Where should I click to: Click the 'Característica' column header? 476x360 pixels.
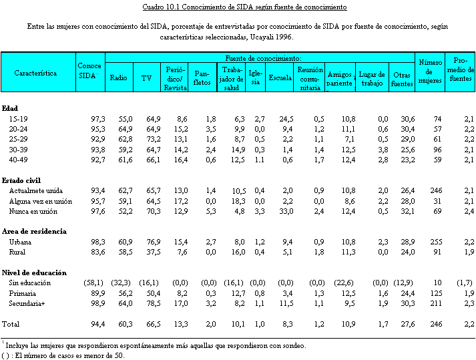[35, 73]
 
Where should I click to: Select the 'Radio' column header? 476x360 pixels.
[118, 77]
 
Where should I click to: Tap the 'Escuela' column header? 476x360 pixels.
[280, 77]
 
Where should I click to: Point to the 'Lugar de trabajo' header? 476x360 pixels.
[372, 77]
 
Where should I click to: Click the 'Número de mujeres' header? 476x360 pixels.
[430, 71]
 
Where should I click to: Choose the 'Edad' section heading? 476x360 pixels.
[10, 108]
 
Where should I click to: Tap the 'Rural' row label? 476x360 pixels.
[19, 252]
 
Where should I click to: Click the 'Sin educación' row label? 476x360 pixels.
[29, 283]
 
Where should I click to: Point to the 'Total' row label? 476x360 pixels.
[11, 324]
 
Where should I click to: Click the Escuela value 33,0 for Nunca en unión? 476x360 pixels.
[284, 211]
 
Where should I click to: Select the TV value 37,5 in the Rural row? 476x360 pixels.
[152, 252]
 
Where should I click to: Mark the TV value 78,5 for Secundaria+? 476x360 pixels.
[152, 304]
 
